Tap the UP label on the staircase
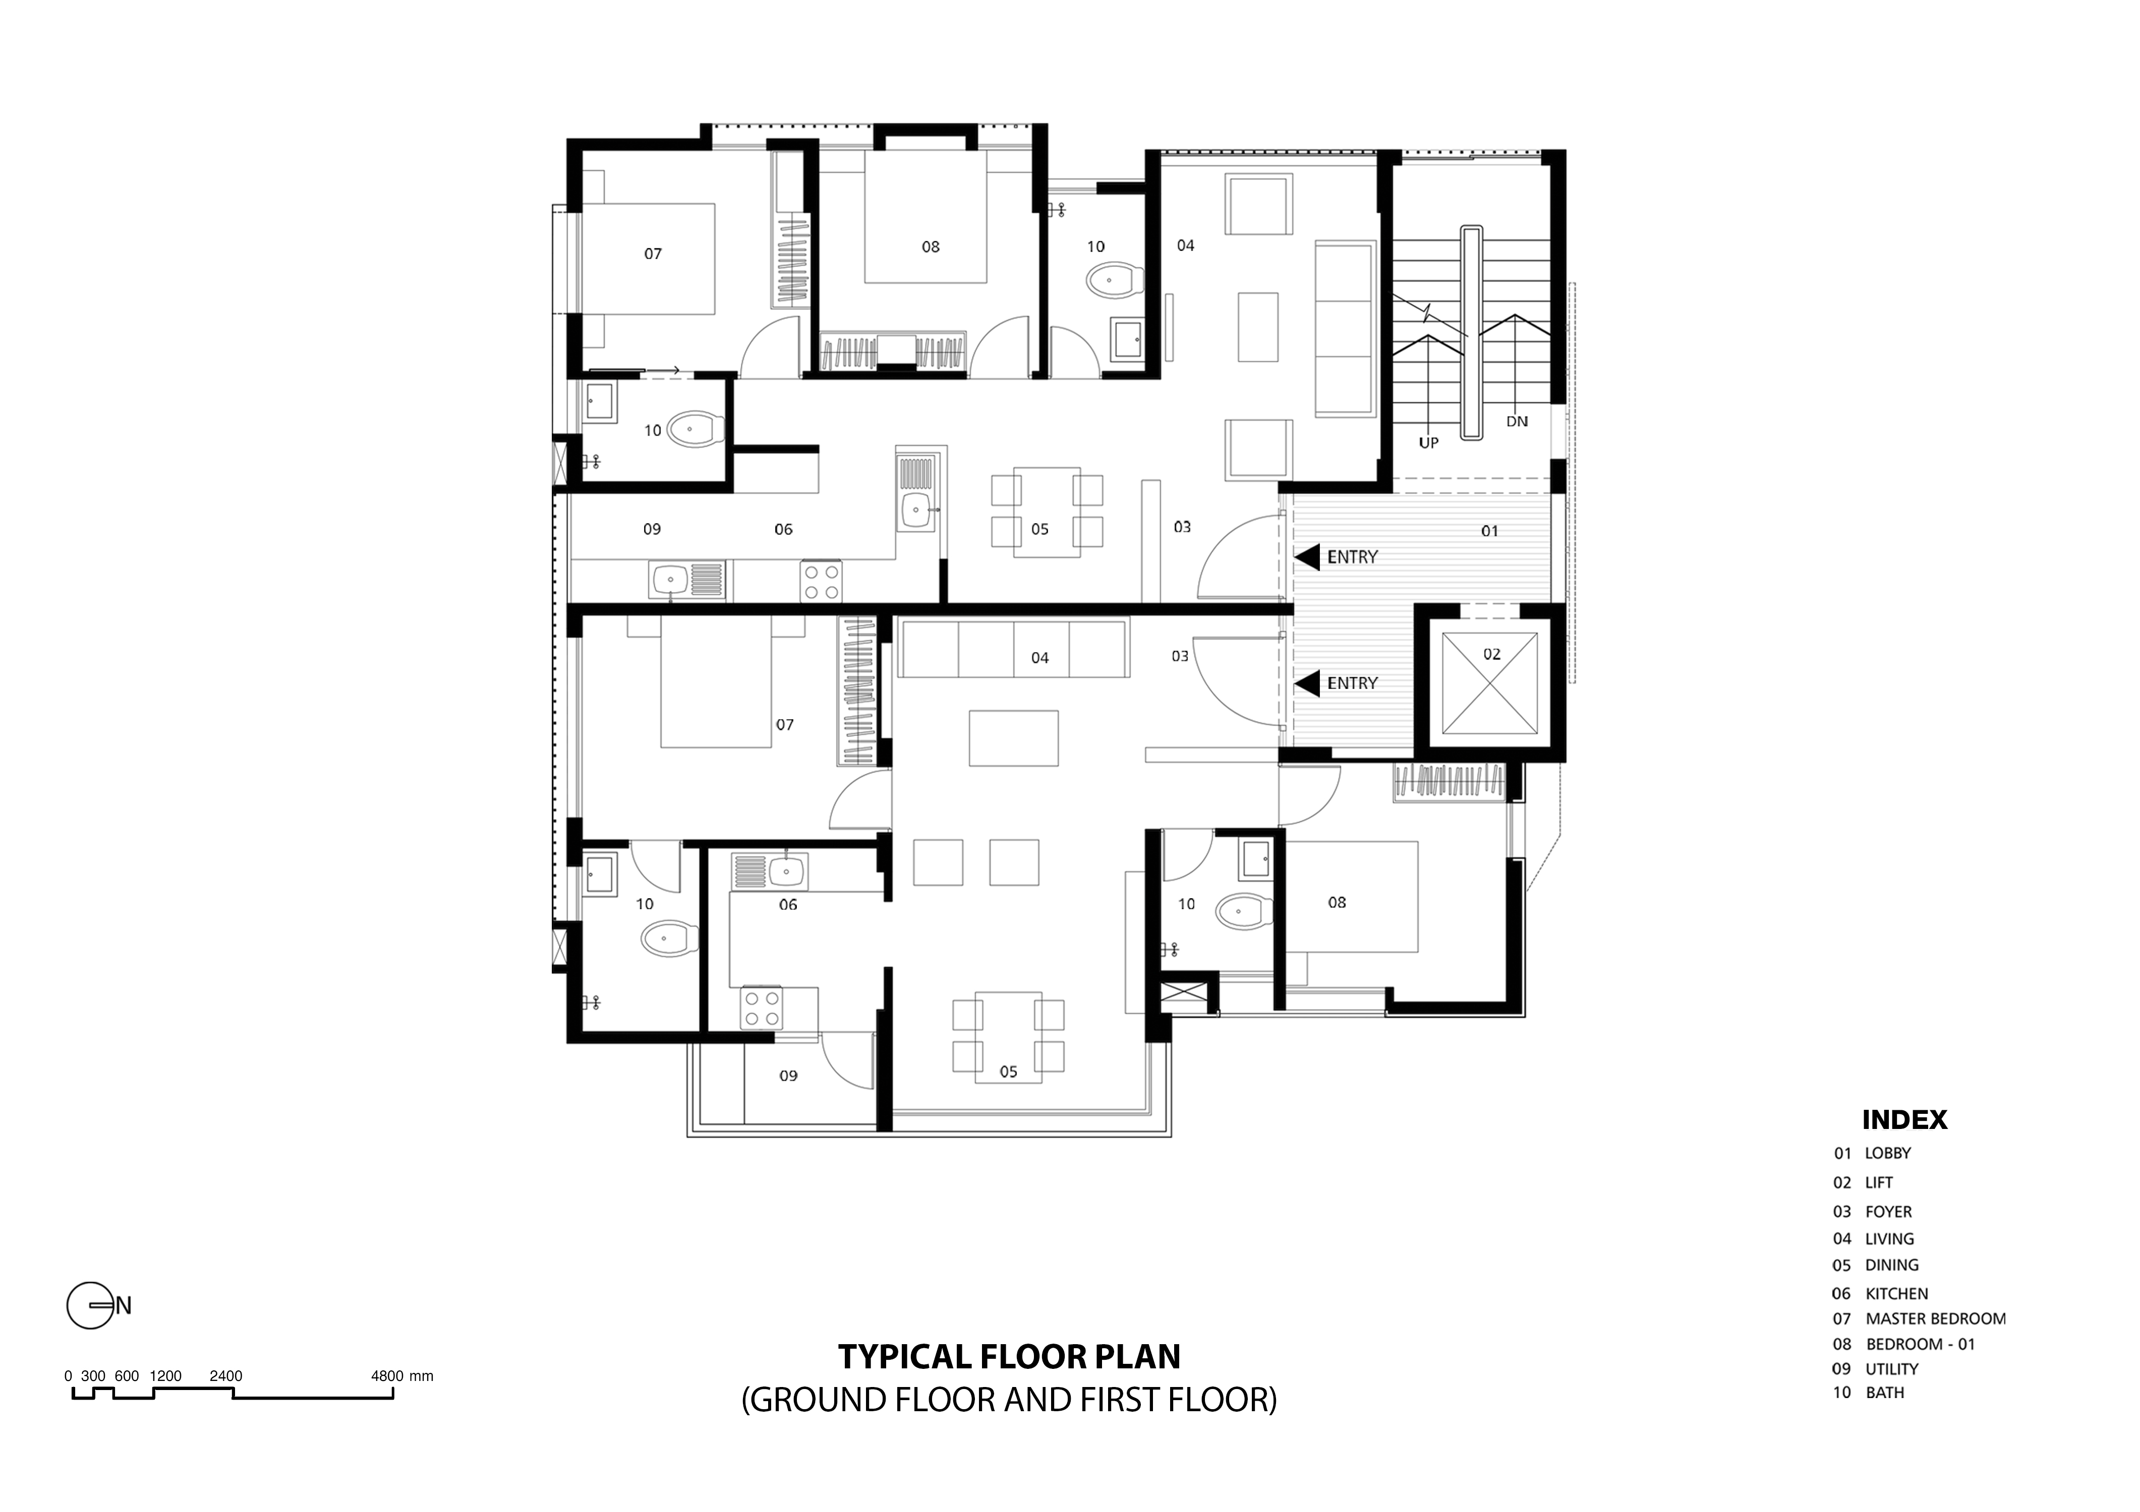click(x=1429, y=444)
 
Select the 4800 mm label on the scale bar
click(x=401, y=1376)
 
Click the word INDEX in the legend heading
click(x=1904, y=1120)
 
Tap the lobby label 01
click(x=1489, y=531)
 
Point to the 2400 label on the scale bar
click(x=225, y=1376)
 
